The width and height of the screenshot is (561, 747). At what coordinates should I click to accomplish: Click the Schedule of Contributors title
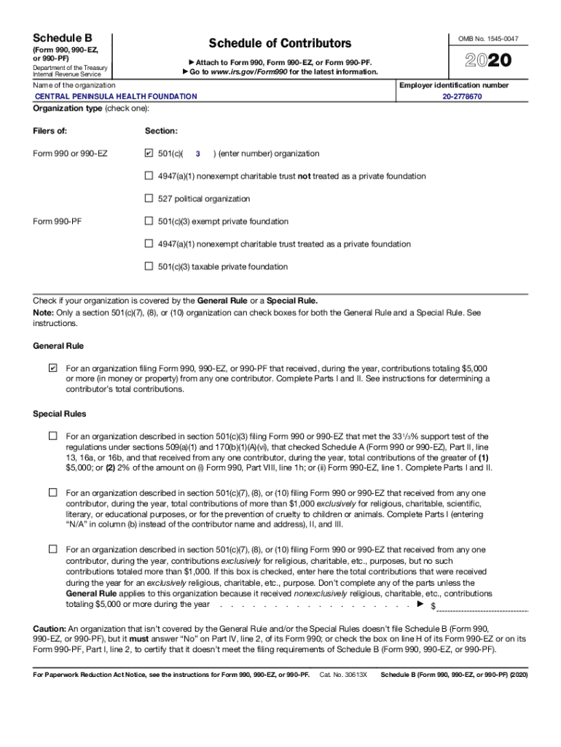(280, 44)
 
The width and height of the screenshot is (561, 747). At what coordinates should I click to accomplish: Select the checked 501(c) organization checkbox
(149, 154)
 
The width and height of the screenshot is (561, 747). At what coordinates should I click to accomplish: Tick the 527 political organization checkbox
(149, 198)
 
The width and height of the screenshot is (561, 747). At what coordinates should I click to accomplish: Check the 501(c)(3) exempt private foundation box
(149, 221)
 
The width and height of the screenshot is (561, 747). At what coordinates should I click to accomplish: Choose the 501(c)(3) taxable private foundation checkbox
(149, 266)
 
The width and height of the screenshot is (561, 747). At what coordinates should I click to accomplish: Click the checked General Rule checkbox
(52, 368)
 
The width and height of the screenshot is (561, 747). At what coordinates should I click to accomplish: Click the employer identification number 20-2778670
(461, 96)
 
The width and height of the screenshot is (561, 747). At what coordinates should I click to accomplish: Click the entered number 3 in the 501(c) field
(197, 154)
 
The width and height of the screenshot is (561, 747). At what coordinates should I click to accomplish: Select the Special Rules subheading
(60, 414)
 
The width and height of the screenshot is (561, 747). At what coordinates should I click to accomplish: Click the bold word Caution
(50, 628)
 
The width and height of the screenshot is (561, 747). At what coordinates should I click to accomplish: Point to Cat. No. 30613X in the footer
(343, 675)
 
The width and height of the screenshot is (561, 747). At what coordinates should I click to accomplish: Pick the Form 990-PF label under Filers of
(58, 221)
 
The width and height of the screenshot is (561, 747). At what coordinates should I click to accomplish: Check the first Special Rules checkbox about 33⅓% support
(52, 436)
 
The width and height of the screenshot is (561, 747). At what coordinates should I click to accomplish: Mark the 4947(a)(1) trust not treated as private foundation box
(149, 176)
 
